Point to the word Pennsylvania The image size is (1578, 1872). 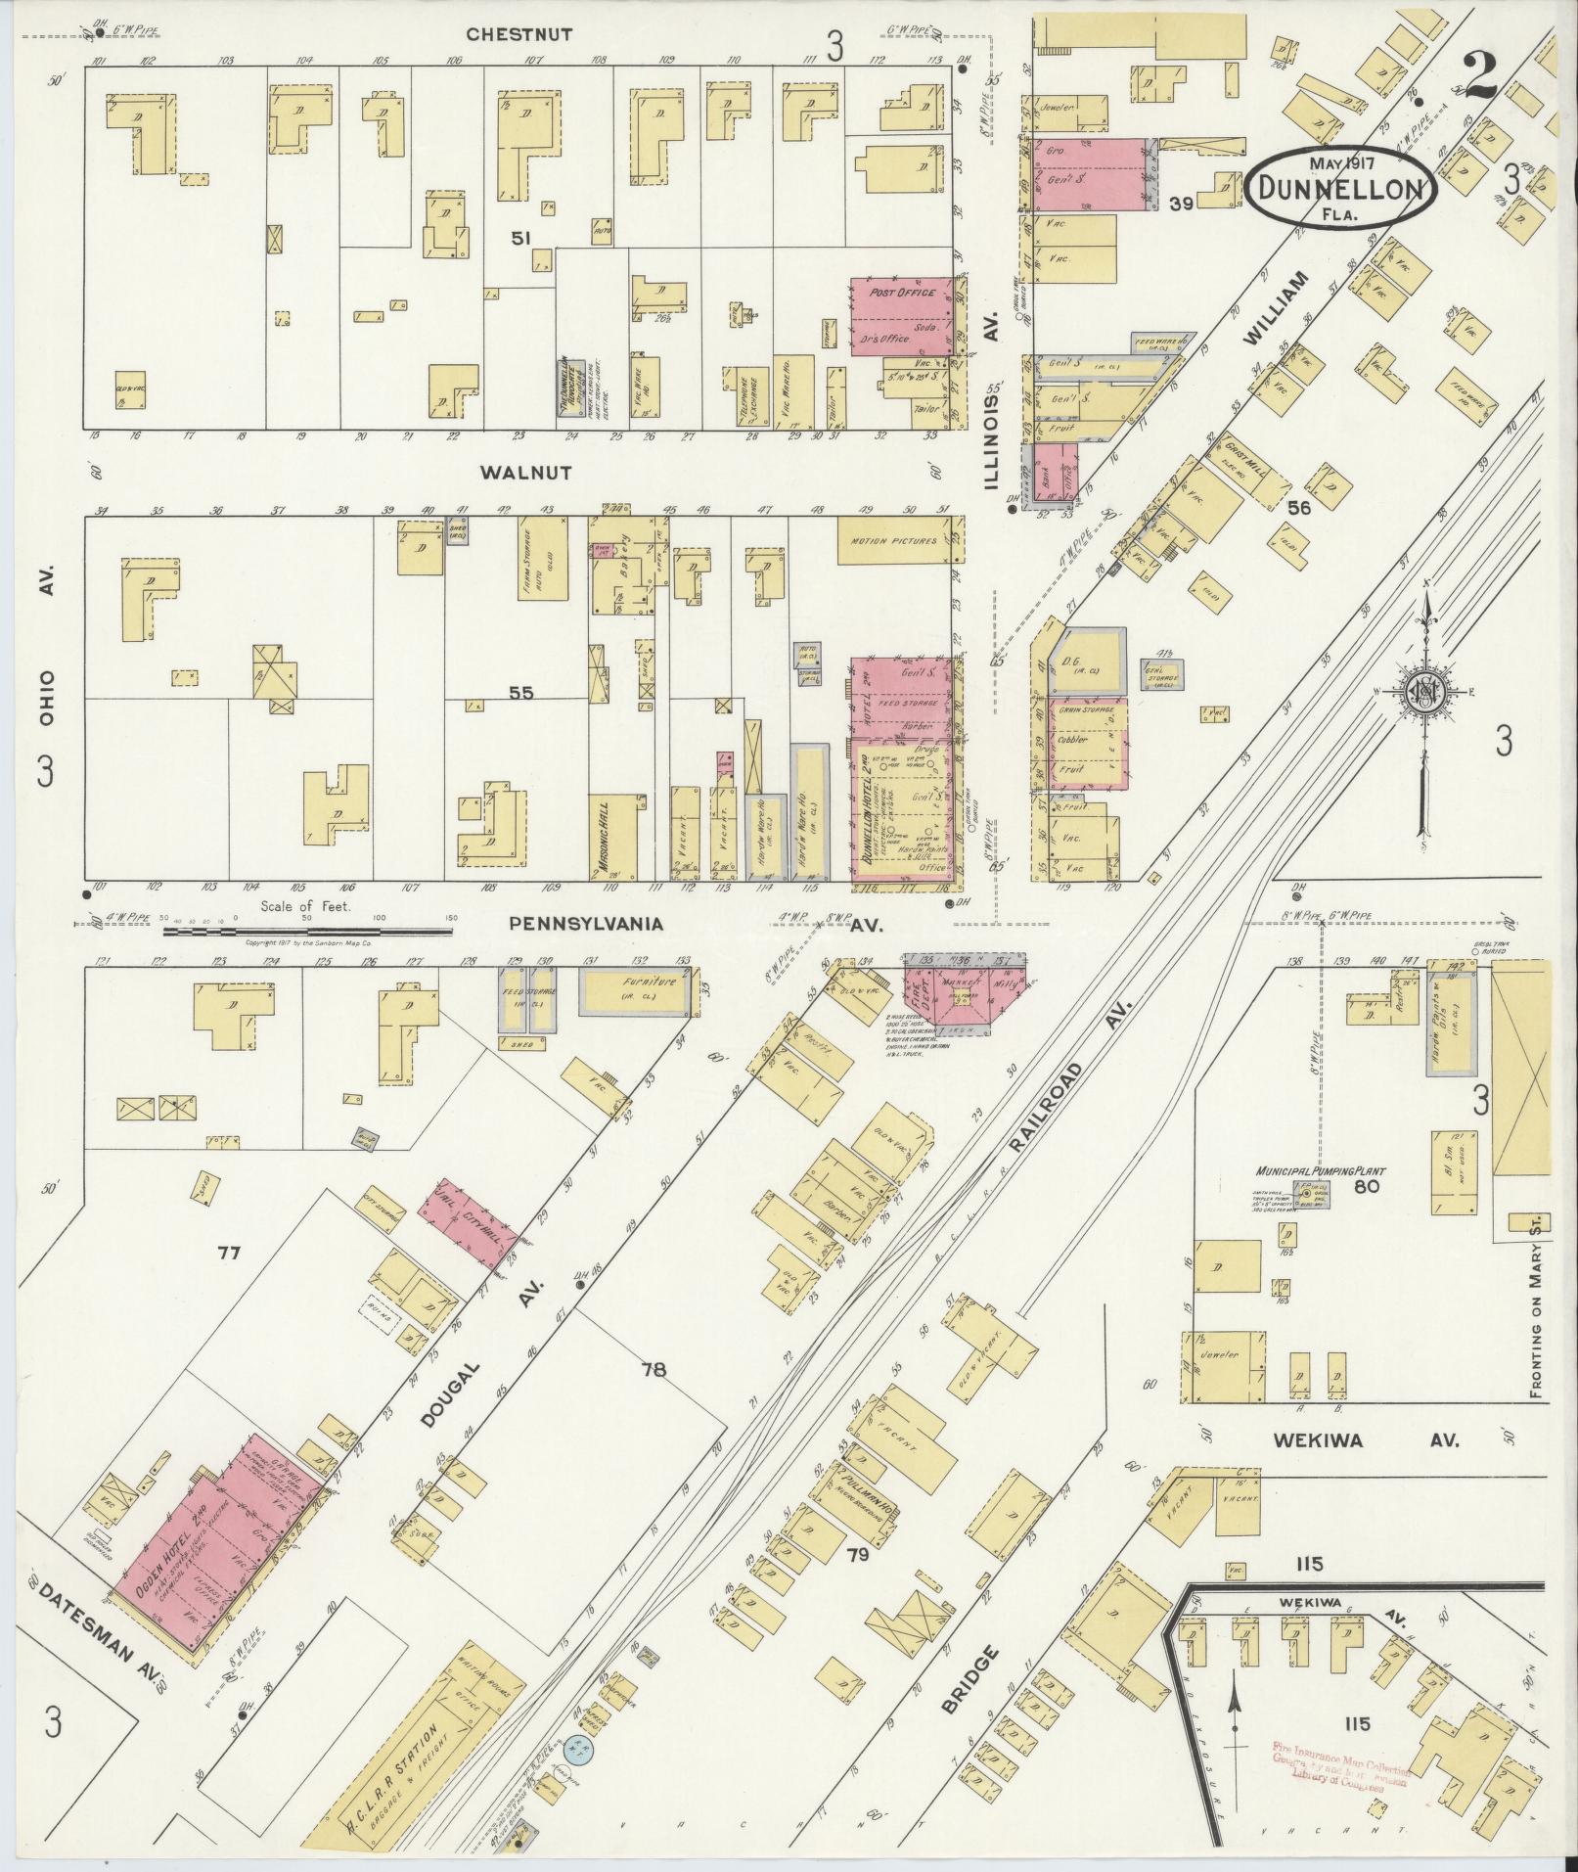[585, 923]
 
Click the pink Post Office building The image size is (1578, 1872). [900, 315]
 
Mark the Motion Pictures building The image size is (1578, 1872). [894, 541]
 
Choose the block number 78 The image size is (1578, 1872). [653, 1370]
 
